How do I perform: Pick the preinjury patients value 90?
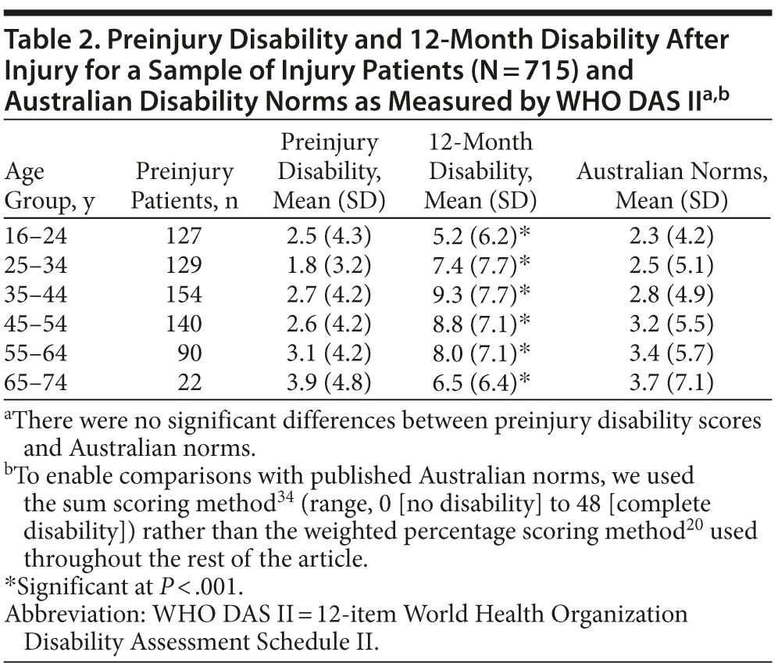click(x=191, y=354)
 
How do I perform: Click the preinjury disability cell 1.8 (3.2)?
click(x=330, y=265)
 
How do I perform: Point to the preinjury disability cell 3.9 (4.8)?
click(x=330, y=383)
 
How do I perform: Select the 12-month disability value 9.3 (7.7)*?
click(x=480, y=295)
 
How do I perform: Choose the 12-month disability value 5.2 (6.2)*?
click(x=480, y=235)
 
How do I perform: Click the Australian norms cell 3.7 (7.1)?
click(x=671, y=383)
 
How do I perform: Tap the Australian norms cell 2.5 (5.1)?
click(x=671, y=265)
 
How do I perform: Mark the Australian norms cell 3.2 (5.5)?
click(x=671, y=324)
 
